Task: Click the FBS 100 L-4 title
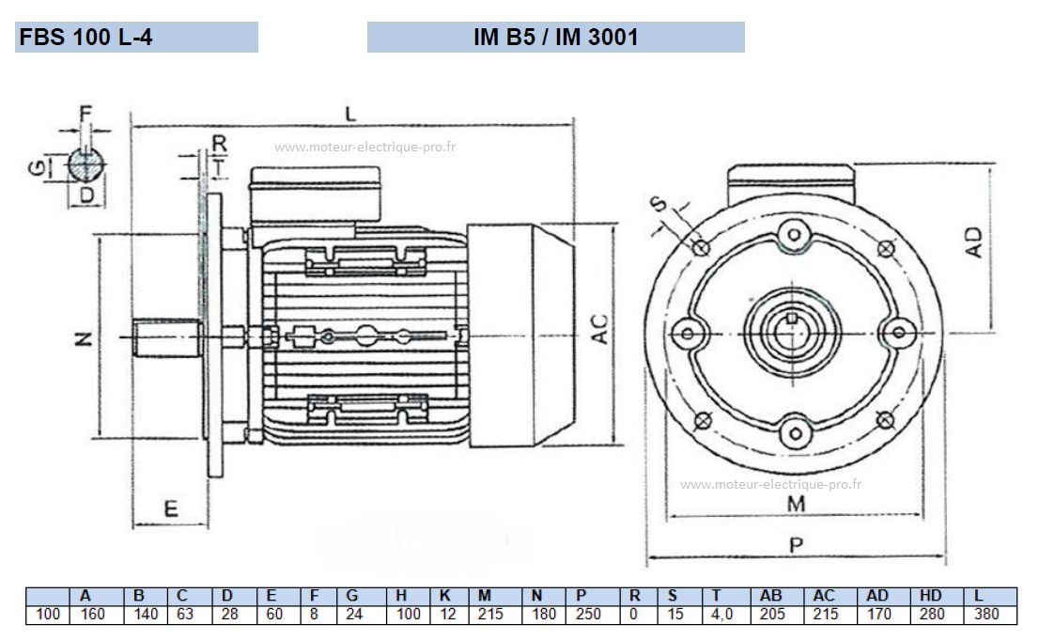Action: [x=85, y=38]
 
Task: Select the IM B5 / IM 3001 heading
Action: [x=556, y=38]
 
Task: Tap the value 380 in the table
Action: [x=987, y=615]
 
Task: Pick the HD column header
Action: [x=931, y=595]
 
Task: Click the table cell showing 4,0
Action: [x=725, y=615]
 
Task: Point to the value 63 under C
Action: [x=182, y=615]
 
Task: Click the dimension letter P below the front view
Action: [x=796, y=545]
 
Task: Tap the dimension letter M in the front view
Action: [x=796, y=504]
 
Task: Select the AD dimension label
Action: [x=974, y=242]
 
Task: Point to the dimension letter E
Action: [x=171, y=508]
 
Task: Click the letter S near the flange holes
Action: [x=661, y=203]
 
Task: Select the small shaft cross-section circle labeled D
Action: [x=86, y=166]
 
